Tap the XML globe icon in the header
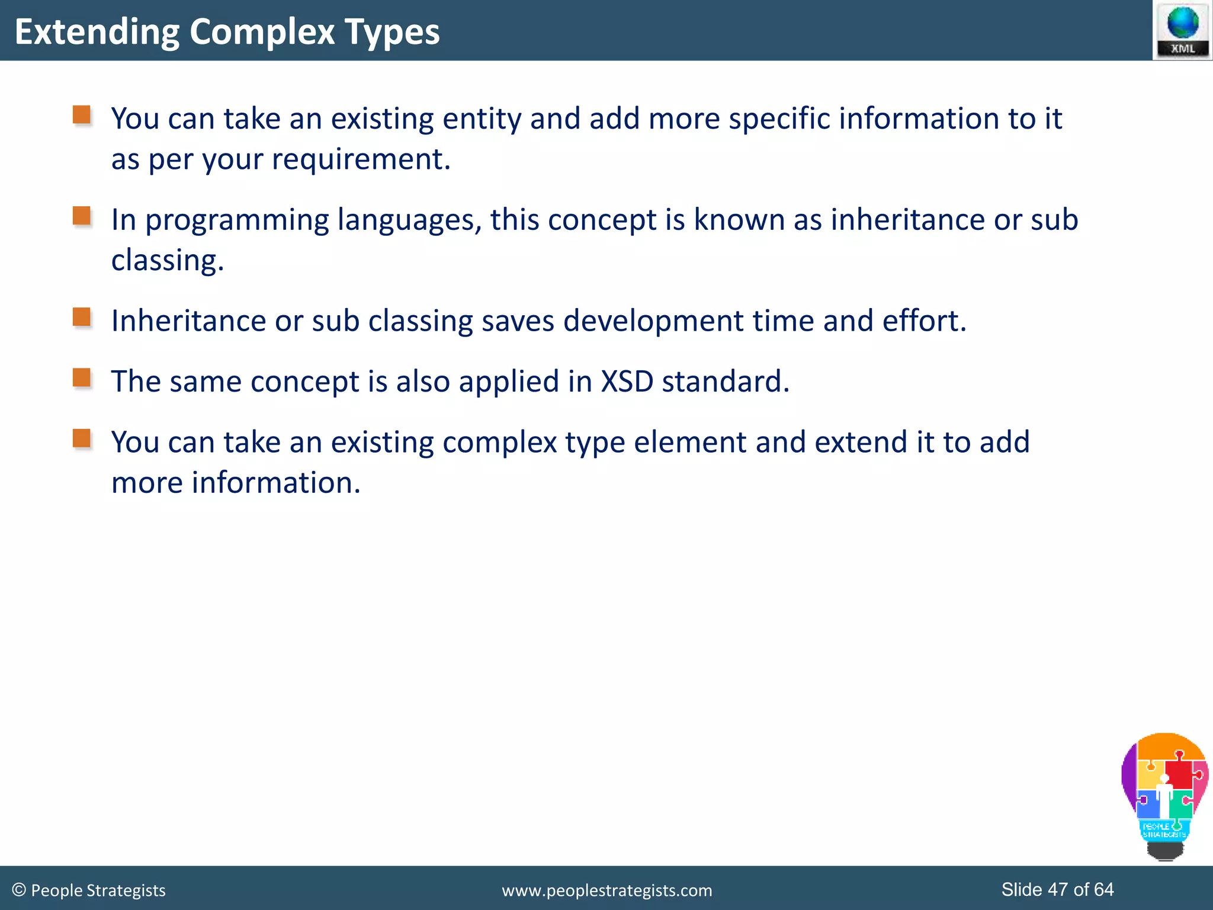(1182, 30)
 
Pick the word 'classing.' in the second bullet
(168, 261)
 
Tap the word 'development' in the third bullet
(653, 321)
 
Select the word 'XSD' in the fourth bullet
(627, 382)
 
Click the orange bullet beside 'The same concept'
(82, 377)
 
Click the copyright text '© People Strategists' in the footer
(89, 890)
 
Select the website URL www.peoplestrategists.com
(606, 890)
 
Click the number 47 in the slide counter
(1058, 889)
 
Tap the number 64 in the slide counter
(1103, 889)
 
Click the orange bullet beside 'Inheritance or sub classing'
(82, 317)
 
